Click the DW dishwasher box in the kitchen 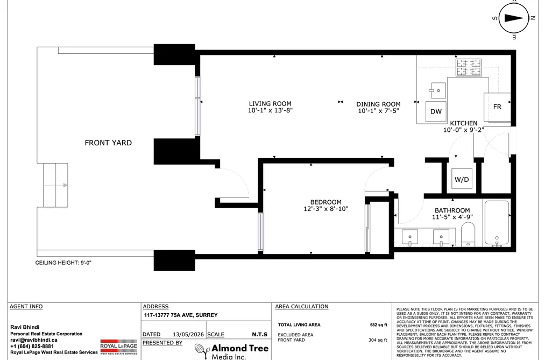(x=436, y=111)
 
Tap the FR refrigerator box (x=497, y=107)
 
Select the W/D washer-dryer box (x=462, y=179)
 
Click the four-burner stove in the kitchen (x=469, y=67)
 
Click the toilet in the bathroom (x=468, y=234)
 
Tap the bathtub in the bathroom (x=497, y=223)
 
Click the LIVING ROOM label (x=270, y=103)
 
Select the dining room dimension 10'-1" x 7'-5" (x=379, y=111)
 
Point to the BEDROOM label (x=325, y=202)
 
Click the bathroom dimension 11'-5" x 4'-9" (x=452, y=217)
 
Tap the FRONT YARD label (x=108, y=143)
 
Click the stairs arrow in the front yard (x=55, y=185)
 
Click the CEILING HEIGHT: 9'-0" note (x=63, y=263)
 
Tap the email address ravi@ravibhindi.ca (x=34, y=340)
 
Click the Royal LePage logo (x=119, y=347)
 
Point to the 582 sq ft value (x=379, y=325)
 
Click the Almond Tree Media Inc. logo (x=232, y=351)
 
